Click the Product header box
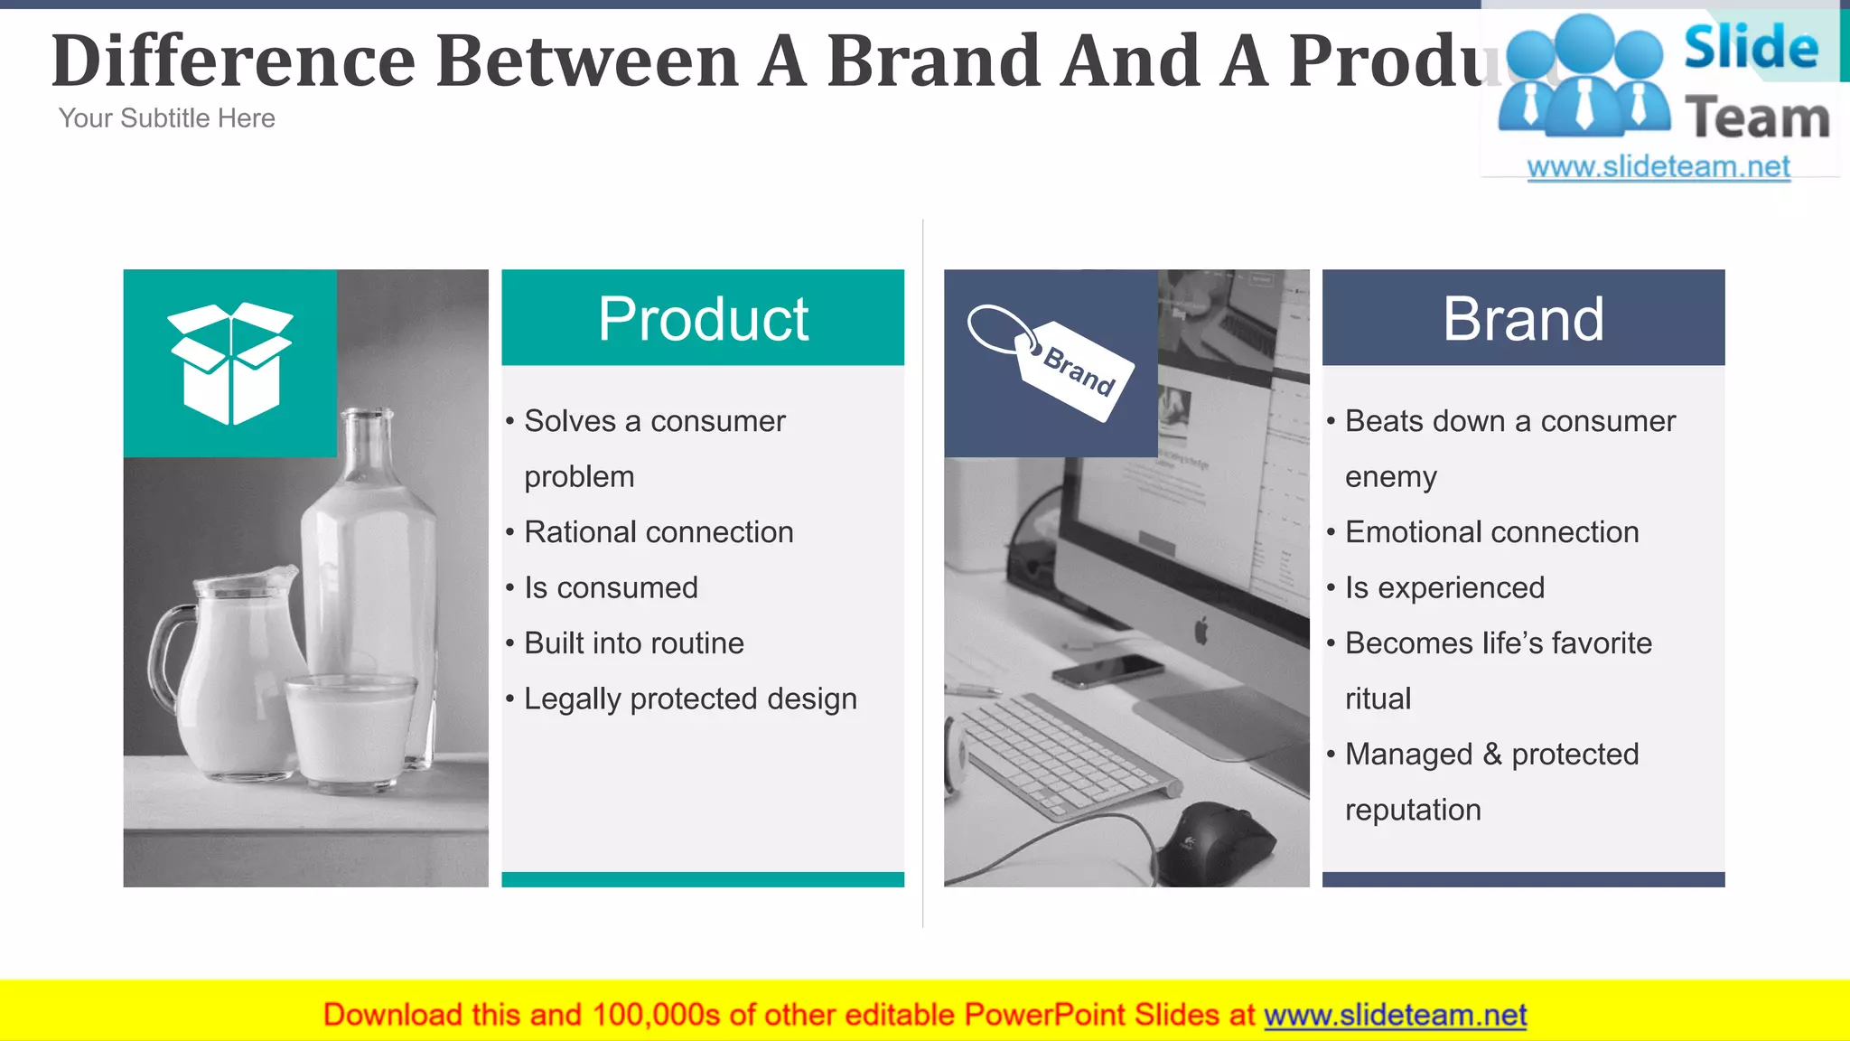tap(703, 318)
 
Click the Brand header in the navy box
tap(1523, 318)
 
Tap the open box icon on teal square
tap(231, 363)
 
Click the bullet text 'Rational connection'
tap(659, 532)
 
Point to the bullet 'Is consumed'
tap(611, 588)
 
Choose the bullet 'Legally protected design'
tap(690, 699)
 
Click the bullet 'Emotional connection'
tap(1491, 532)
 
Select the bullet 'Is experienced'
tap(1444, 588)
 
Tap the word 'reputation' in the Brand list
tap(1413, 811)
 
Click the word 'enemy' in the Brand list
tap(1390, 477)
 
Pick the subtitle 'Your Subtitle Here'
tap(167, 118)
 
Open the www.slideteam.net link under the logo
tap(1658, 167)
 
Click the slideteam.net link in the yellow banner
tap(1395, 1016)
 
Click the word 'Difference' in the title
tap(233, 61)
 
